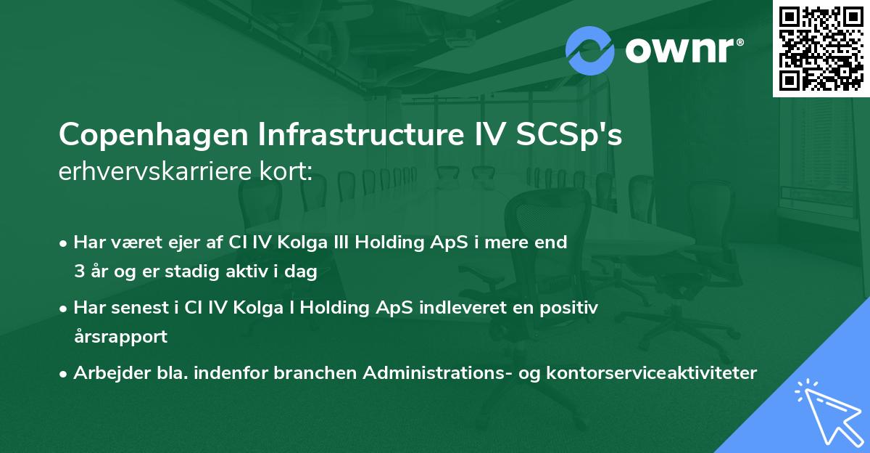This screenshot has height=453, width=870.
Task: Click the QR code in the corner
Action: [821, 48]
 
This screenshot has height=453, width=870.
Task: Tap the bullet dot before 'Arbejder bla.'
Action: [65, 374]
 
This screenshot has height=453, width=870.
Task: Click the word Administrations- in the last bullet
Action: [428, 373]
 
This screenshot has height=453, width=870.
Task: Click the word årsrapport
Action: [120, 337]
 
